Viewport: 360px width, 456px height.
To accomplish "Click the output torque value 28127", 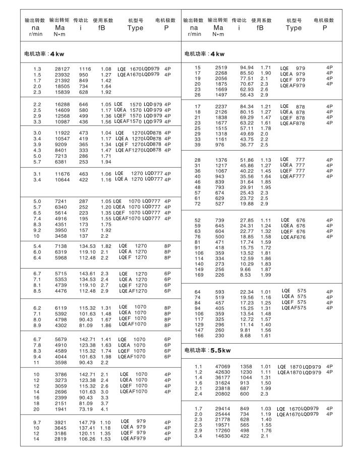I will (x=57, y=68).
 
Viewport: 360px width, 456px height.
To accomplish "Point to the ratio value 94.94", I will (x=246, y=67).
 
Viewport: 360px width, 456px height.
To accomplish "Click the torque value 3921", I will (x=57, y=421).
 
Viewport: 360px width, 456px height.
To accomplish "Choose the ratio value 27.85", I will (x=246, y=220).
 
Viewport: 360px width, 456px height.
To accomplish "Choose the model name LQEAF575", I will (x=294, y=307).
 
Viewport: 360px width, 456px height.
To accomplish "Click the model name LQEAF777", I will (x=294, y=176).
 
